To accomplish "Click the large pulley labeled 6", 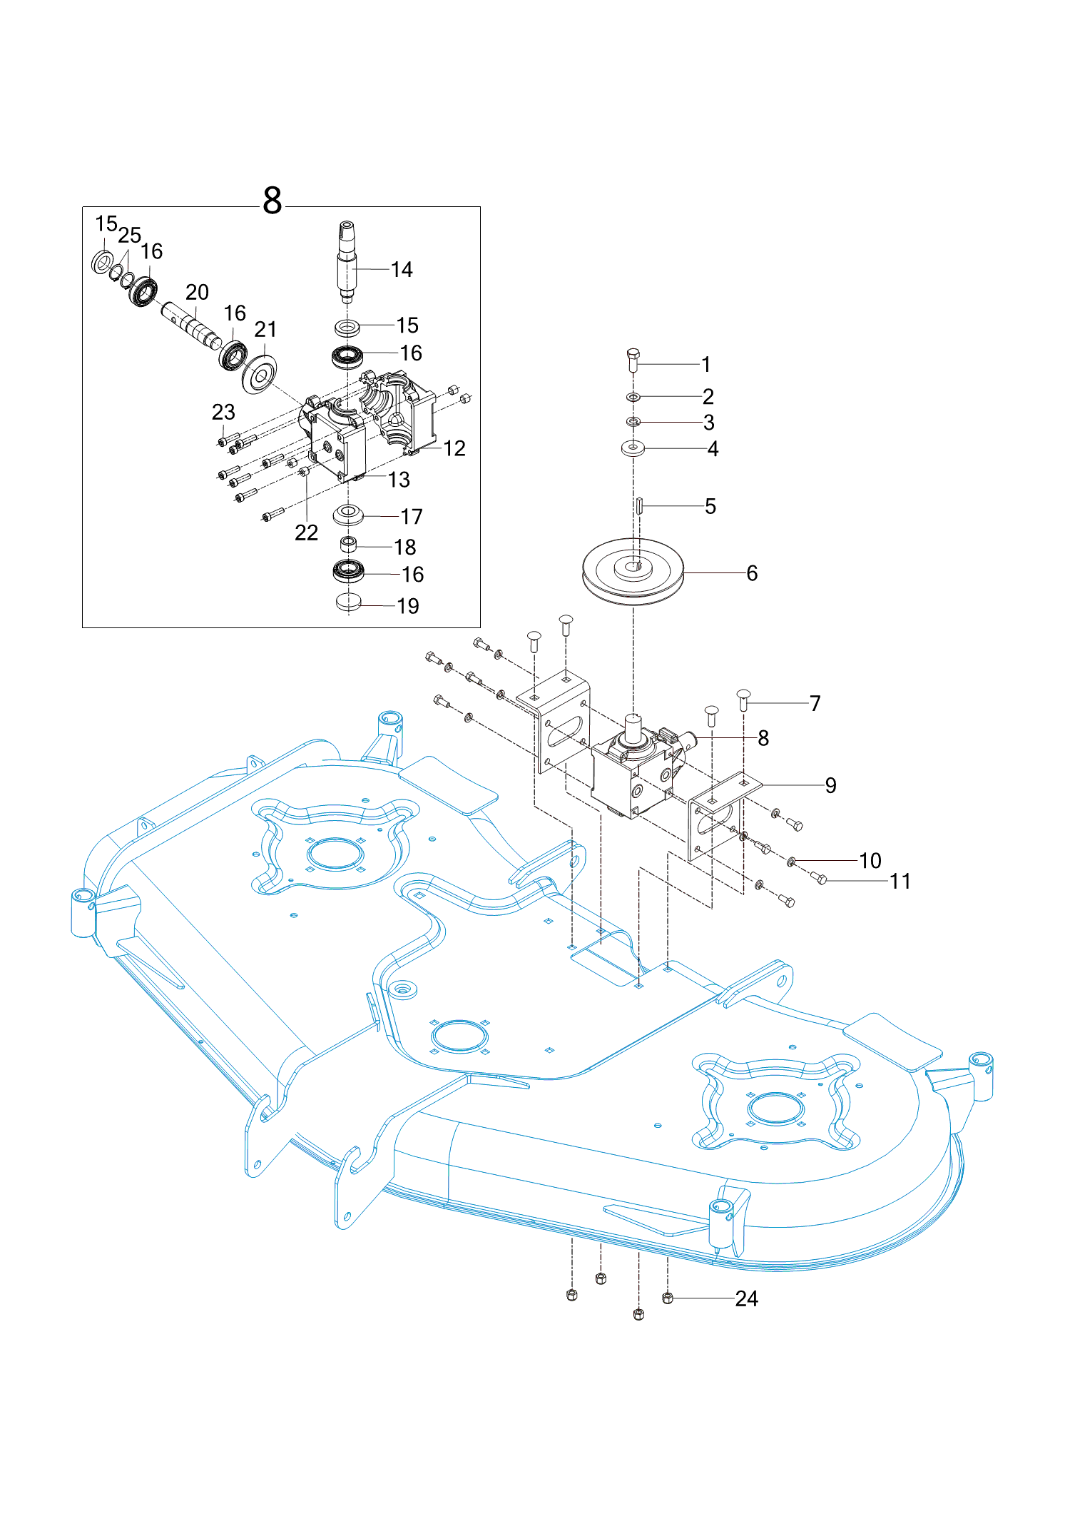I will pyautogui.click(x=633, y=570).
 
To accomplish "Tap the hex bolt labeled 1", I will pyautogui.click(x=633, y=360).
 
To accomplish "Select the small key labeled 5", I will pyautogui.click(x=640, y=506).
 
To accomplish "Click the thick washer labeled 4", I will pyautogui.click(x=633, y=449).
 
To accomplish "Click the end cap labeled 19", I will pyautogui.click(x=348, y=602).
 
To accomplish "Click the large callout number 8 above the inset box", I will pyautogui.click(x=272, y=201).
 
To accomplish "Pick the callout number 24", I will pyautogui.click(x=746, y=1298).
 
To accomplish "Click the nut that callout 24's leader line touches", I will pyautogui.click(x=668, y=1298).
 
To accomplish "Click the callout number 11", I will pyautogui.click(x=900, y=882).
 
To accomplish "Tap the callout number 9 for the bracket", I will pyautogui.click(x=830, y=785).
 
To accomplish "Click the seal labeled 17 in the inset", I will pyautogui.click(x=348, y=513).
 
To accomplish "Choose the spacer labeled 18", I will pyautogui.click(x=348, y=545).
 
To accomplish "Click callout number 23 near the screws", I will pyautogui.click(x=223, y=412).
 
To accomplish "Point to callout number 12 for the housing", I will pyautogui.click(x=454, y=448).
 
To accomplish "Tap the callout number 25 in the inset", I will pyautogui.click(x=129, y=235).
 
